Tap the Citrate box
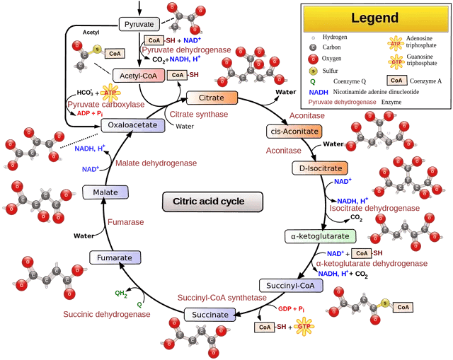click(211, 98)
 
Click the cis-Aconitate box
click(294, 132)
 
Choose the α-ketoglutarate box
click(320, 236)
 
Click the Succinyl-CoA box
click(290, 286)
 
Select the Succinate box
click(210, 315)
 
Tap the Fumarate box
click(114, 258)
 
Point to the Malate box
click(105, 192)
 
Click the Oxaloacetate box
click(132, 125)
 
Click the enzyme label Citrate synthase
click(199, 115)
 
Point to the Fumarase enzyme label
click(125, 222)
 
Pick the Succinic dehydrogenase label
click(106, 314)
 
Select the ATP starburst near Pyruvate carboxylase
click(110, 92)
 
